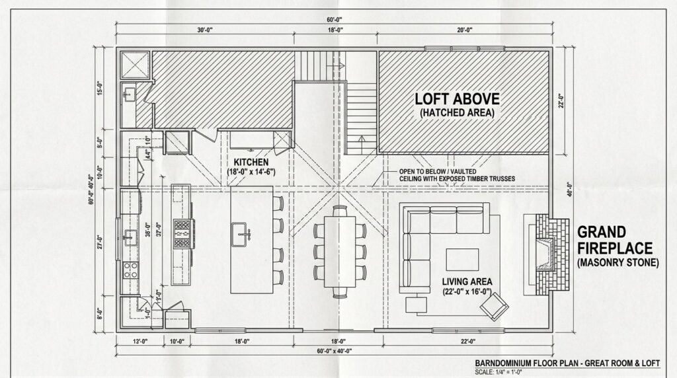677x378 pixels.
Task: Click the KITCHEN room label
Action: click(x=250, y=162)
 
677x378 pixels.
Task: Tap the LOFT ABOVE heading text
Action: click(x=457, y=98)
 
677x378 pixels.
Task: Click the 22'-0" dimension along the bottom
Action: click(x=469, y=341)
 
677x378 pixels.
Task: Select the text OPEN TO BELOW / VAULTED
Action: click(x=433, y=172)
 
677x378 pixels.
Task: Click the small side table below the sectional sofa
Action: click(x=416, y=305)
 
